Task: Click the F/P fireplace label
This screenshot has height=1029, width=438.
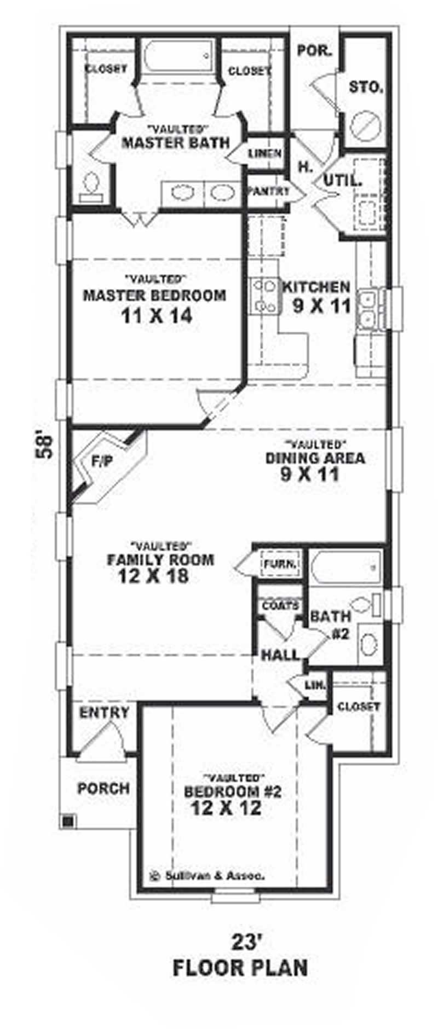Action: pos(102,461)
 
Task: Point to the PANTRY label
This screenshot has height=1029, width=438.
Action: pos(268,192)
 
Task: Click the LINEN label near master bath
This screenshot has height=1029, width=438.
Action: pos(264,154)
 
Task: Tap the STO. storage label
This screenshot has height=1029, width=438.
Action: pos(366,88)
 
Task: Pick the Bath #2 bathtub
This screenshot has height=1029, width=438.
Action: pos(346,568)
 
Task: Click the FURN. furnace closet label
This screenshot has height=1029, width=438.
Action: pos(280,564)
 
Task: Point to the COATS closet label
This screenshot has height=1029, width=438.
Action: pos(280,606)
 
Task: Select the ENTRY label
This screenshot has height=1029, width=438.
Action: pos(104,713)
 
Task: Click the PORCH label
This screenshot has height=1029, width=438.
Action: pos(103,788)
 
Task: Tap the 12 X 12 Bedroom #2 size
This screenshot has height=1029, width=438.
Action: pos(226,808)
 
